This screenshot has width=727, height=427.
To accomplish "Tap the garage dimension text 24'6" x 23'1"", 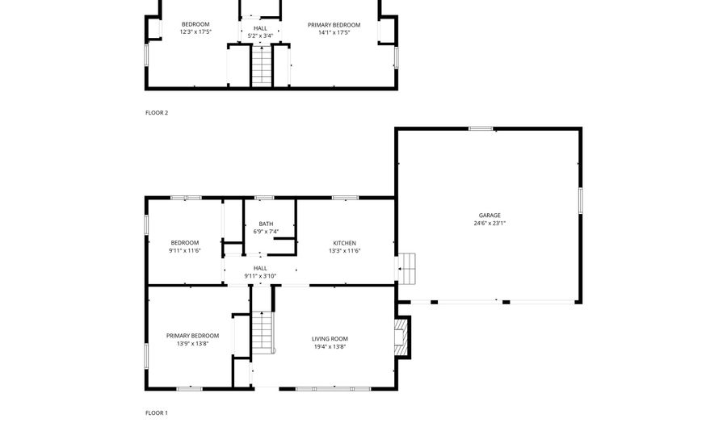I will tap(490, 224).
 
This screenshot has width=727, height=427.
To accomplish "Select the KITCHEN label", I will tap(345, 243).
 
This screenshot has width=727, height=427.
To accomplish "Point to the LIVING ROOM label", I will tap(330, 338).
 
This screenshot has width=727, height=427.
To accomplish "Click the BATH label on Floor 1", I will tap(266, 224).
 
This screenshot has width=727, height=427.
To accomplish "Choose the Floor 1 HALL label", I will tap(260, 268).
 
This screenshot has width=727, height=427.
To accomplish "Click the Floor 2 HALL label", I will tap(260, 28).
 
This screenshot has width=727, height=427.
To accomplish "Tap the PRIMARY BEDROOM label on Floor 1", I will tap(192, 336).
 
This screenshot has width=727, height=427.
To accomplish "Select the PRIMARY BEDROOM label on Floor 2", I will tap(334, 25).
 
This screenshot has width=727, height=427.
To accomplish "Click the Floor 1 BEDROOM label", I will tap(184, 243).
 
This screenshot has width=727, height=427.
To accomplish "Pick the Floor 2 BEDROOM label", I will tap(195, 25).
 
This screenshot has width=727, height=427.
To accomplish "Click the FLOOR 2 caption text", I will tap(157, 113).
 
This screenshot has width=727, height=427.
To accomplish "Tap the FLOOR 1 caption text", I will tap(157, 413).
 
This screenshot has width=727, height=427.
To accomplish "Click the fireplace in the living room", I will tap(402, 336).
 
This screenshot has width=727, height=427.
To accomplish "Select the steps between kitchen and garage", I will tap(408, 268).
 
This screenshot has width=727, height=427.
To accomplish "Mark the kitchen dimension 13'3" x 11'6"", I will tap(345, 251).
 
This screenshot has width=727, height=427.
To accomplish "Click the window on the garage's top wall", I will tap(481, 128).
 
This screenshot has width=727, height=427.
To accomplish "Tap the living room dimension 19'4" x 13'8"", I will tap(330, 346).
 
